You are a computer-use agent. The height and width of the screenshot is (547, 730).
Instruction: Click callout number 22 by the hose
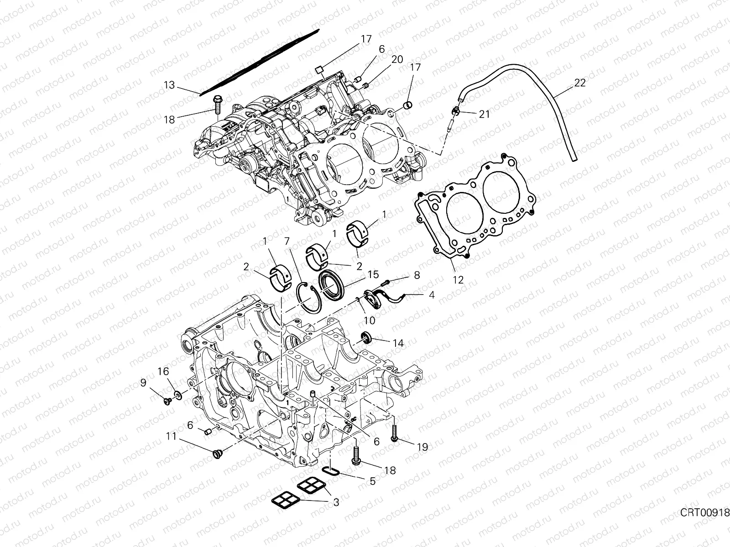click(593, 83)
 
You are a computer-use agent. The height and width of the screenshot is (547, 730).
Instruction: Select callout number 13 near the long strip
click(169, 85)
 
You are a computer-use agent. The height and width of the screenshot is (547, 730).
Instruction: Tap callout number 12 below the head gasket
click(458, 280)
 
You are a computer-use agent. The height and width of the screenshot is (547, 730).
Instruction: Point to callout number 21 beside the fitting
click(484, 114)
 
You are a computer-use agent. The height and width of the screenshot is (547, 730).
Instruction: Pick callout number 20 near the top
click(397, 59)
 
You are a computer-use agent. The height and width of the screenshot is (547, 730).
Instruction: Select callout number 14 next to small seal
click(398, 343)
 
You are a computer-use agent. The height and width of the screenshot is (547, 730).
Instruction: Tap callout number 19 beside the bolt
click(422, 447)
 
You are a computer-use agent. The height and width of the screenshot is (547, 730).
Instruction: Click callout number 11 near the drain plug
click(171, 437)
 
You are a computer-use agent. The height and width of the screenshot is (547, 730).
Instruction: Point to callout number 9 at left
click(143, 383)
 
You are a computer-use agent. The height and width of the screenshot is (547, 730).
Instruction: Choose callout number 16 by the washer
click(163, 372)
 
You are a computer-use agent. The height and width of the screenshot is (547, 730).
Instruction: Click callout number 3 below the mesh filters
click(336, 502)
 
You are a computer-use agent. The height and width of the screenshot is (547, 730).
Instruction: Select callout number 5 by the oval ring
click(372, 481)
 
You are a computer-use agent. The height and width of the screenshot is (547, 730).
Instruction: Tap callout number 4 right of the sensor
click(431, 295)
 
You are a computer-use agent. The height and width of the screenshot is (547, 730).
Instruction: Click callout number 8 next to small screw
click(416, 276)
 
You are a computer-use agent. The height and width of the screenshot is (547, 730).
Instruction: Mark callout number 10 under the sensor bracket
click(369, 320)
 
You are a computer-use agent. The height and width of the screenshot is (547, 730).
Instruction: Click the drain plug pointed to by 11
click(217, 454)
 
